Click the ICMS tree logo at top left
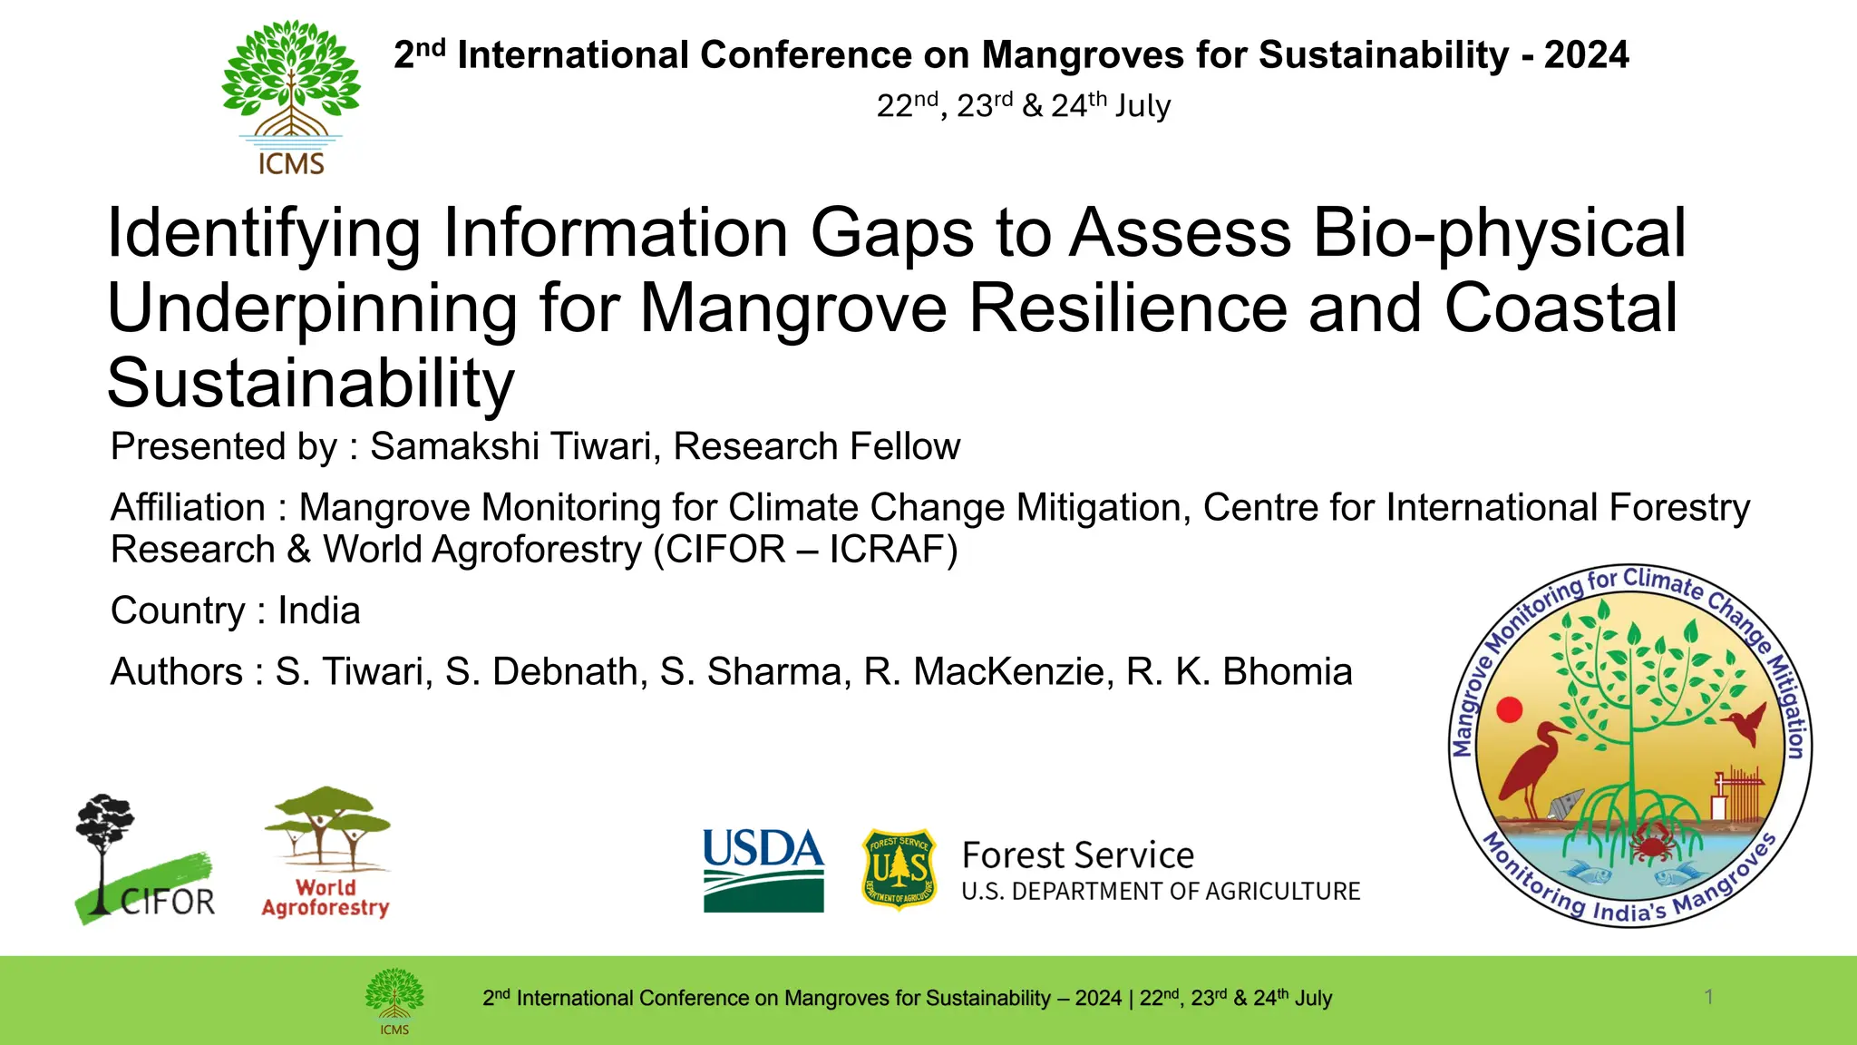(291, 95)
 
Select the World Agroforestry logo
(326, 852)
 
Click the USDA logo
(763, 869)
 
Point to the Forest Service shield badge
(898, 868)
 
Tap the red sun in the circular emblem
(1509, 709)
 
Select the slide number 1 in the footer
(1708, 997)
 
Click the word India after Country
(318, 610)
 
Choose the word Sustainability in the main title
(311, 383)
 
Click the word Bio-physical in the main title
(1499, 233)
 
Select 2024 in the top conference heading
(1586, 55)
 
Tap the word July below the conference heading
(1142, 106)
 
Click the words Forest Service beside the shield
(1077, 855)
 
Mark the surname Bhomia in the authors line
(1288, 672)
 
